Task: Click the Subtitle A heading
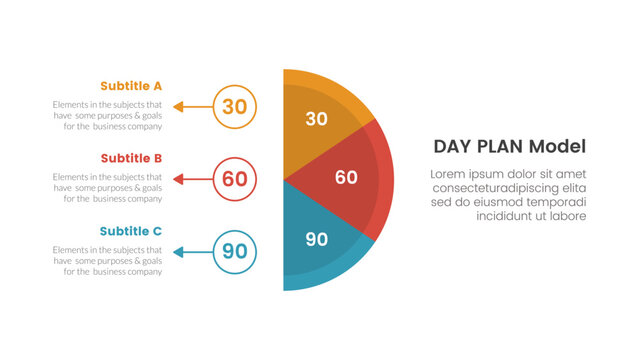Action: [x=131, y=85]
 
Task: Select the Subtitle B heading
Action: [x=131, y=158]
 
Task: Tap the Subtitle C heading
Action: [x=131, y=231]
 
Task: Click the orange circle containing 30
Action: [x=235, y=106]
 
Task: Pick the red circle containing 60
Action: [x=235, y=179]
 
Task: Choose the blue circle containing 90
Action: [x=235, y=252]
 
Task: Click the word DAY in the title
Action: [x=451, y=147]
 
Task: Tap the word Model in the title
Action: [x=555, y=147]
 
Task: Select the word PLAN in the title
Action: [x=499, y=147]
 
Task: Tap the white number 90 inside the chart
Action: [x=316, y=239]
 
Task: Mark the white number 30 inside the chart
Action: [x=316, y=119]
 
